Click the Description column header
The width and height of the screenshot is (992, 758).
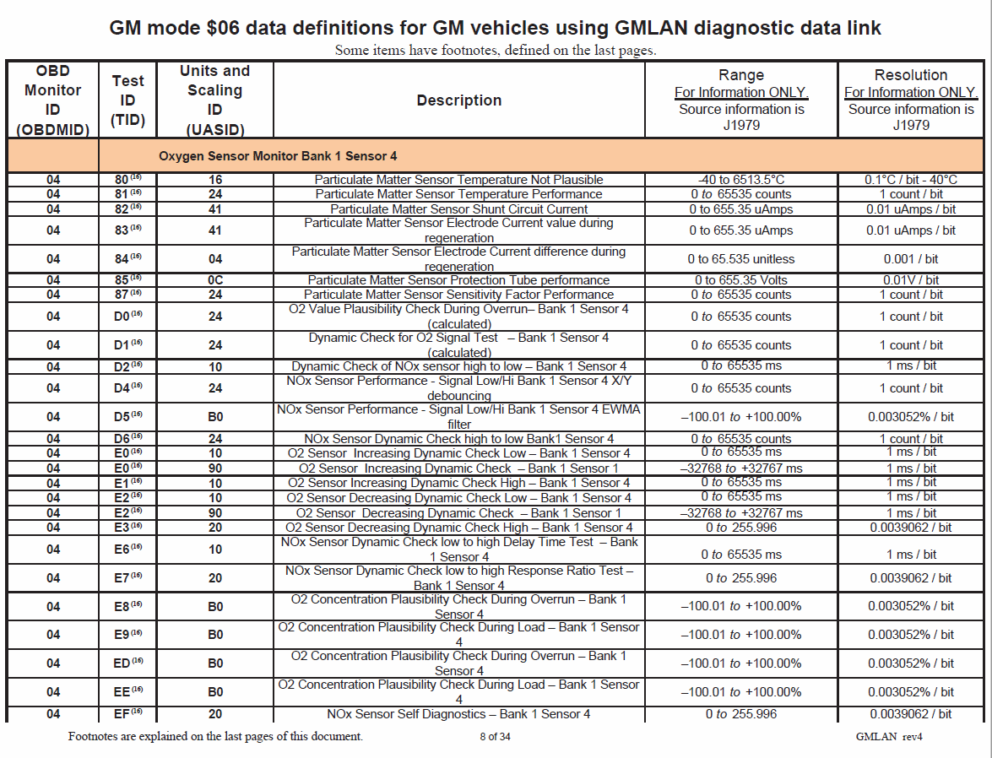point(458,100)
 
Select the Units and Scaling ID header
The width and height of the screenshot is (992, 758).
point(214,100)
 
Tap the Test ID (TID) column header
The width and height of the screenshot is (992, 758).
point(128,100)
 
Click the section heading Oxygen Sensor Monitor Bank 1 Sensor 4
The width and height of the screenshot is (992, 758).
point(278,156)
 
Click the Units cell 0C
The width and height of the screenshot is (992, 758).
point(214,280)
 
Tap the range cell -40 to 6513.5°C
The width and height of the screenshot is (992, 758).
point(740,180)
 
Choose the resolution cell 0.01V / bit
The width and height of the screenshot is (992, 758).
point(910,280)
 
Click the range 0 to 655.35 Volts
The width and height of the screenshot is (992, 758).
point(740,280)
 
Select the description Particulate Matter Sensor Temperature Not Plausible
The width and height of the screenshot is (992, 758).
point(458,180)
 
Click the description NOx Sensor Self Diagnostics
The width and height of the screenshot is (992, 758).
point(458,714)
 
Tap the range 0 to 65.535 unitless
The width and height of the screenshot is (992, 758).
point(740,259)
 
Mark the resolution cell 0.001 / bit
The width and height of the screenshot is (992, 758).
point(910,259)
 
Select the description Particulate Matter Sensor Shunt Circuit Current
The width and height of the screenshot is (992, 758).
point(458,209)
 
